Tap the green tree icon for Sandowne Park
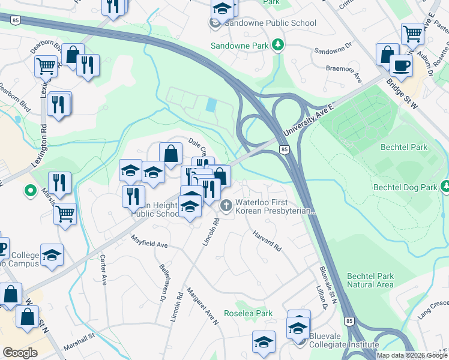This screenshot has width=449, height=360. [x=277, y=45]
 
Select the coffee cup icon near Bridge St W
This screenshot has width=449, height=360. [x=401, y=65]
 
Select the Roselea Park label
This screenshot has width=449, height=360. [x=248, y=313]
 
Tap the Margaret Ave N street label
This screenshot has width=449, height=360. [x=202, y=305]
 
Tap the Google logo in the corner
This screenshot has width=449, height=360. [x=20, y=353]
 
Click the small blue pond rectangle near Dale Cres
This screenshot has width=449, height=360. [x=211, y=104]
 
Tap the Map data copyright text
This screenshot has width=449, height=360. [x=411, y=355]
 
